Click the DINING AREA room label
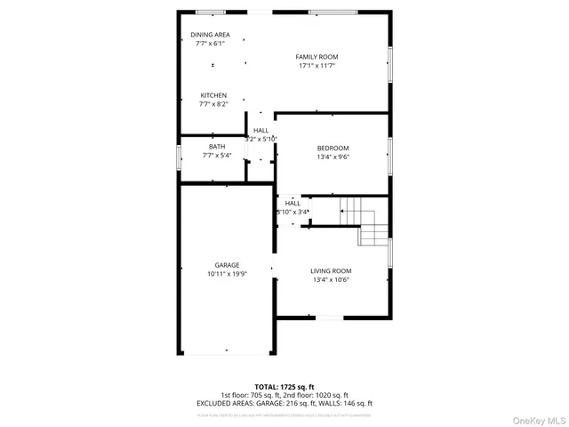coord(210,35)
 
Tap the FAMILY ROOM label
coord(317,57)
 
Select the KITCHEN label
coord(212,95)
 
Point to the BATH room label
coord(217,147)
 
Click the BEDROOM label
coord(333,148)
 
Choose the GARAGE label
coord(227,265)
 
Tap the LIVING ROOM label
coord(331,271)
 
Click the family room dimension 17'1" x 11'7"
coord(317,66)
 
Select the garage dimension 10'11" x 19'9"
coord(227,274)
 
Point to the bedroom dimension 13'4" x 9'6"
coord(333,157)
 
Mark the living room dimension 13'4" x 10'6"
coord(331,280)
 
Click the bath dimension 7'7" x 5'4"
coord(217,156)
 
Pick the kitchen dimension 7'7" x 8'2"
coord(212,104)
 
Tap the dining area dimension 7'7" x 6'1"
coord(210,43)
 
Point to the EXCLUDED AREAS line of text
coord(284,403)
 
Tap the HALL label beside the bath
coord(260,131)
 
